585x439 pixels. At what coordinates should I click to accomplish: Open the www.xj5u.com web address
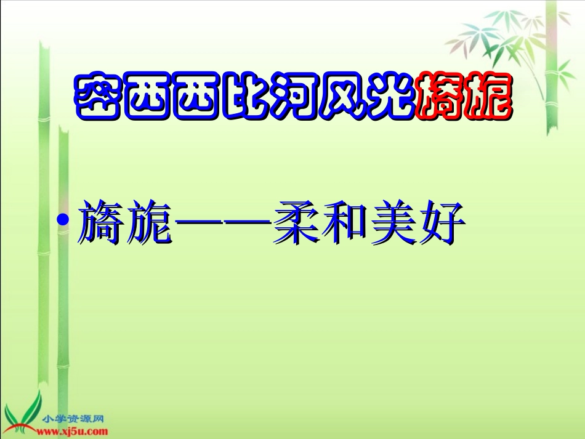click(x=72, y=431)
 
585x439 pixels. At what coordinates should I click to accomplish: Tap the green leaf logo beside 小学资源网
click(x=23, y=413)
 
